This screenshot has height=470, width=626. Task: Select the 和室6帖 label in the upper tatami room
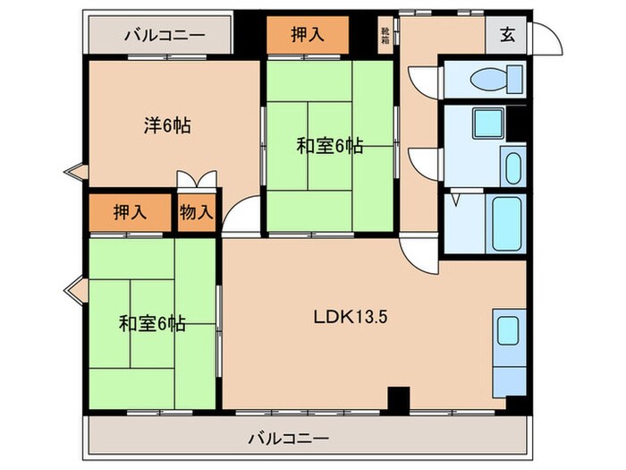tap(329, 146)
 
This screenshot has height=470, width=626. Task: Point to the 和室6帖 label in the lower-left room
tap(152, 323)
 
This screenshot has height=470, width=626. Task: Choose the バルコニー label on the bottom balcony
tap(288, 439)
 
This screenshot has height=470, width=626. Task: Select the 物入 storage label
tap(196, 212)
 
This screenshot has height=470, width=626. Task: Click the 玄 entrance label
tap(507, 35)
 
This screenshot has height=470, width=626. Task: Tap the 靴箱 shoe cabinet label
tap(385, 36)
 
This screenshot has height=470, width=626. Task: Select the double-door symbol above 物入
tap(196, 180)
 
